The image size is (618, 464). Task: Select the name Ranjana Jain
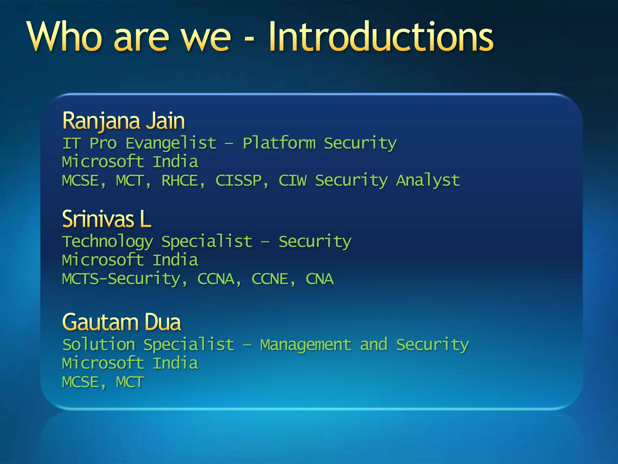123,121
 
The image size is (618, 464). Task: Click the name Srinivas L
106,219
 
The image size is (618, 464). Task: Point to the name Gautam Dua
121,322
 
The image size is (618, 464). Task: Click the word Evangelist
171,143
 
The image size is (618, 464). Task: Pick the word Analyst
428,181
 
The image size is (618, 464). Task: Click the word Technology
107,242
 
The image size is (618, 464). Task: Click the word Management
306,345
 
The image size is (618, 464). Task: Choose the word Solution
98,344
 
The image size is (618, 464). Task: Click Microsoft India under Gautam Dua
130,363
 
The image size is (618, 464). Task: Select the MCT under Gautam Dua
130,382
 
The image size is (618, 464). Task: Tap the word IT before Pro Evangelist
71,143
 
